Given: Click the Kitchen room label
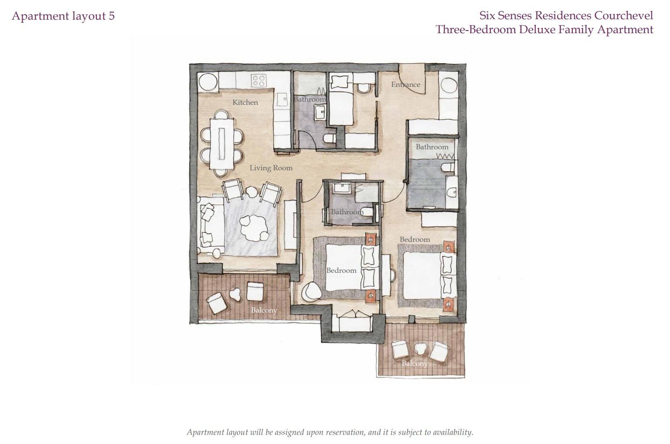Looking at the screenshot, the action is [245, 103].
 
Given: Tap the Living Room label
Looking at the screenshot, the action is [271, 168].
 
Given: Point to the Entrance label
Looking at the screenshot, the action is [405, 85].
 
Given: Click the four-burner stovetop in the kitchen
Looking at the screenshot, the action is [259, 80].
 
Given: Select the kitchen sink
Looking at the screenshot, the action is [282, 99].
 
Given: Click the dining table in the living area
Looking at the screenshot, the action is [221, 144].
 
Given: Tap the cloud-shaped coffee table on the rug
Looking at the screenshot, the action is [254, 228].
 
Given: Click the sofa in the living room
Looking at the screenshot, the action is [210, 225].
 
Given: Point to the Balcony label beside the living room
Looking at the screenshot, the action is [264, 310].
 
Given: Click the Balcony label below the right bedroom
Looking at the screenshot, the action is [415, 363].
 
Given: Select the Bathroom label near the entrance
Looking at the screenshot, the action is [432, 147].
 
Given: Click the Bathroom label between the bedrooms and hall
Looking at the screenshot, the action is [347, 212].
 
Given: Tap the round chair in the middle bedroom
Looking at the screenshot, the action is [311, 292].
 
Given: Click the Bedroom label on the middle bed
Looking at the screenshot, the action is [341, 271].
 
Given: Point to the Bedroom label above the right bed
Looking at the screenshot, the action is [415, 240].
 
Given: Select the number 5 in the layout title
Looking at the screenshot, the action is [112, 16].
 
